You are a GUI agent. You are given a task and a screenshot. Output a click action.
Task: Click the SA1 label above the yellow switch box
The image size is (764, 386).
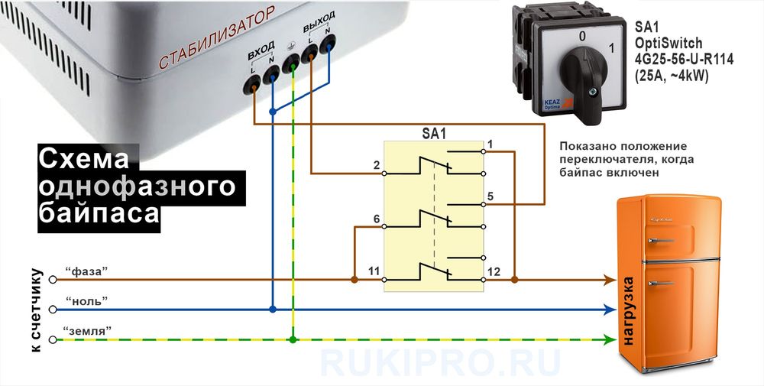click(433, 133)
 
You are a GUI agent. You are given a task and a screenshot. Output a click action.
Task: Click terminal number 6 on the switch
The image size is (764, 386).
click(376, 220)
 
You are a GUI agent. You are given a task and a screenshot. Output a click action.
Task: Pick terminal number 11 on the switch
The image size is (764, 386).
click(374, 271)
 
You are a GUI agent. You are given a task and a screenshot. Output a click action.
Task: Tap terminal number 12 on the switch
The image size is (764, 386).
click(493, 271)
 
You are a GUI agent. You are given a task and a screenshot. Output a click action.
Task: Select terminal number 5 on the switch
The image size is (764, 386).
click(490, 197)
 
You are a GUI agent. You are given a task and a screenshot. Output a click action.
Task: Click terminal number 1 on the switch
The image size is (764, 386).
click(490, 144)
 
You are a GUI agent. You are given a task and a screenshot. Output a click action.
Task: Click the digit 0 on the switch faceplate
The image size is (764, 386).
click(582, 35)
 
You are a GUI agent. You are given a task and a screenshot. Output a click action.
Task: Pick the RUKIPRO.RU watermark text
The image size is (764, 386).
click(439, 362)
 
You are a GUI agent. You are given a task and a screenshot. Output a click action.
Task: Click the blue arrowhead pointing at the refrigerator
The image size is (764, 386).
click(610, 310)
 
